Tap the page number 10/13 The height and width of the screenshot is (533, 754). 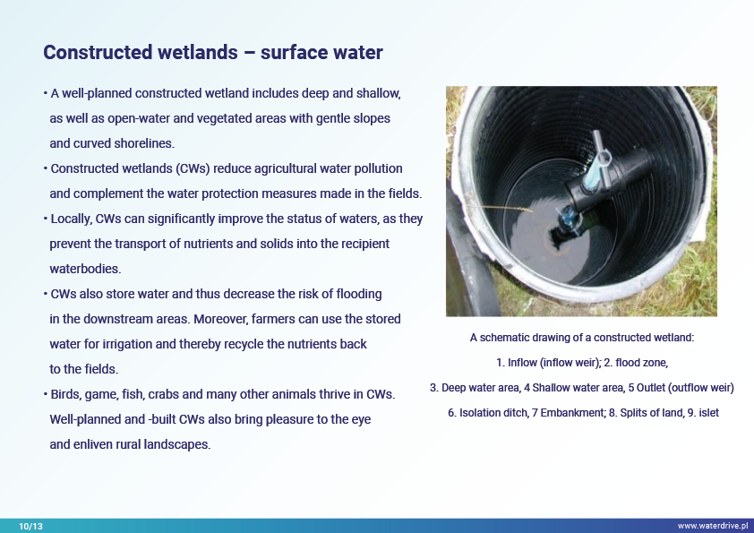tap(30, 526)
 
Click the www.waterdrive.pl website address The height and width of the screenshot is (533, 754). tap(713, 526)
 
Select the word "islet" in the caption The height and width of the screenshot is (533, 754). tap(709, 413)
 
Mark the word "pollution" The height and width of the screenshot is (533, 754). tap(378, 168)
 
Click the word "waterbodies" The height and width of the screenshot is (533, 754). tap(84, 269)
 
